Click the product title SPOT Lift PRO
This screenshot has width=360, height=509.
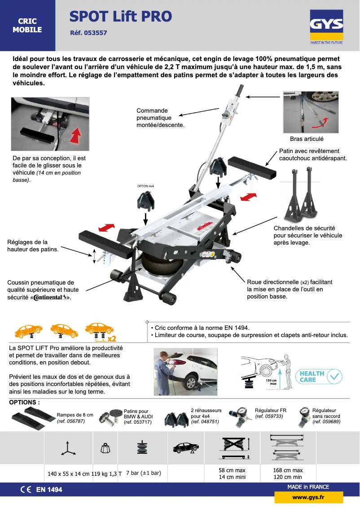pyautogui.click(x=120, y=17)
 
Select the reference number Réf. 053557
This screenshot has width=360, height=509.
pyautogui.click(x=88, y=33)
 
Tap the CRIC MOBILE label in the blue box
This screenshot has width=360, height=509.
pyautogui.click(x=27, y=26)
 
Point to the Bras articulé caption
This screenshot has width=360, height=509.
pyautogui.click(x=307, y=139)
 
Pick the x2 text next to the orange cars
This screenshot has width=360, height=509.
pyautogui.click(x=112, y=338)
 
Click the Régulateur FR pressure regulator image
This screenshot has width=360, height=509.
pyautogui.click(x=240, y=418)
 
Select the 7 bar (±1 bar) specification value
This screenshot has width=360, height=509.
pyautogui.click(x=143, y=473)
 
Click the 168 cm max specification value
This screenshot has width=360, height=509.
pyautogui.click(x=287, y=470)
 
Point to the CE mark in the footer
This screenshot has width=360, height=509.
pyautogui.click(x=26, y=490)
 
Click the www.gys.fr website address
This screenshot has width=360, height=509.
pyautogui.click(x=308, y=497)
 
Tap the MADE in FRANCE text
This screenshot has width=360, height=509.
pyautogui.click(x=308, y=487)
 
